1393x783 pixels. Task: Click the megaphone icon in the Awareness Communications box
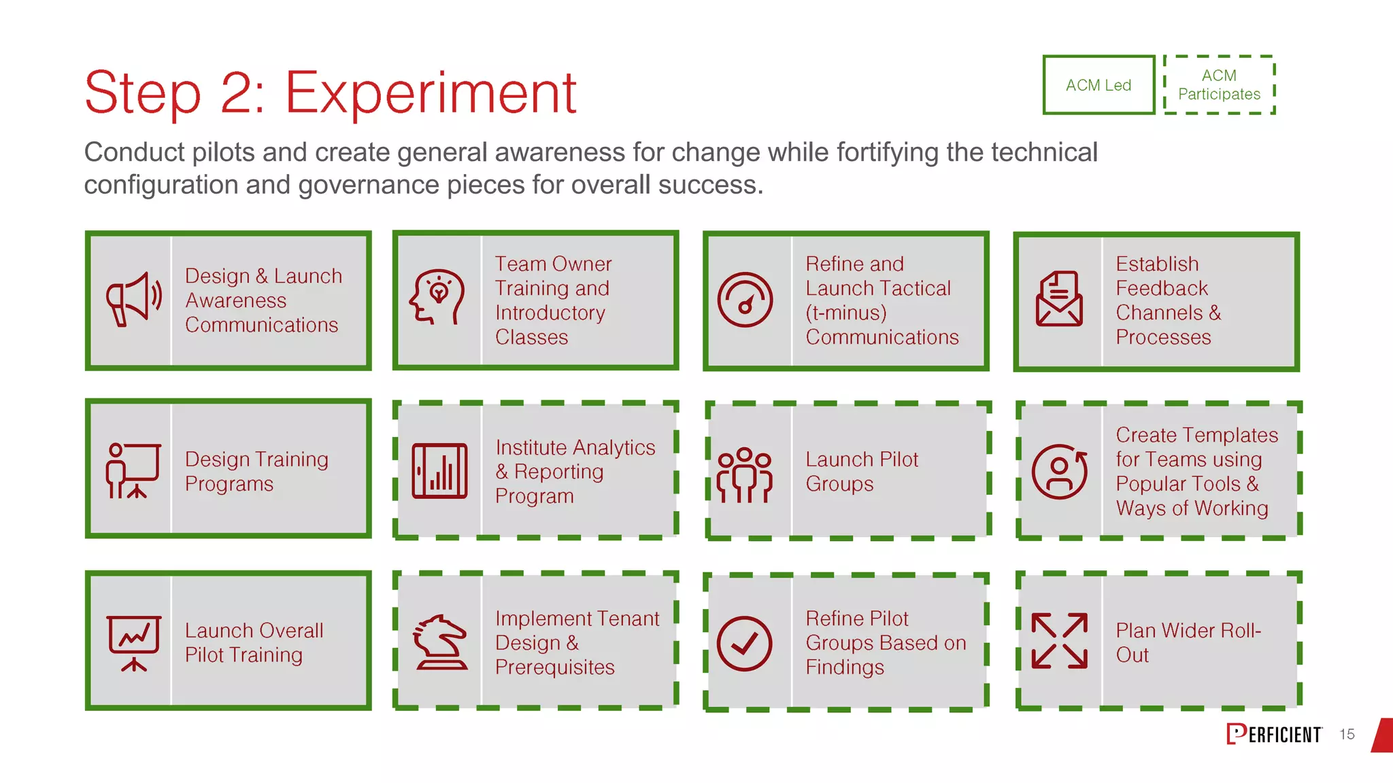click(133, 300)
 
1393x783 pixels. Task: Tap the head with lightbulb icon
click(437, 297)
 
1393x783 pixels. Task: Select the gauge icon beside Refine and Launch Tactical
click(745, 300)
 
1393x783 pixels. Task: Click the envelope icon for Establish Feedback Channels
click(1058, 299)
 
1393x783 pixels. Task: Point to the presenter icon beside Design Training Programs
click(133, 470)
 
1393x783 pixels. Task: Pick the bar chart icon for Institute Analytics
click(439, 470)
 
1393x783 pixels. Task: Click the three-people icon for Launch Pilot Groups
click(745, 474)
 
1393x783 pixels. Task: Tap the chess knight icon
click(441, 642)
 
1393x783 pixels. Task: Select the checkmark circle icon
click(745, 644)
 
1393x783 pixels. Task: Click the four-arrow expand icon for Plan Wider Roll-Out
click(1059, 640)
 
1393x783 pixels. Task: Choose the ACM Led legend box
click(1098, 85)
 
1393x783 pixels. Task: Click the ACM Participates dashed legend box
click(1219, 85)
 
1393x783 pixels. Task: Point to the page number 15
click(1347, 734)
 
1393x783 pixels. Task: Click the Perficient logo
click(1274, 734)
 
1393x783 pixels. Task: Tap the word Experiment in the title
click(431, 93)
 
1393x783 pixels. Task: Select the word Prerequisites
click(555, 667)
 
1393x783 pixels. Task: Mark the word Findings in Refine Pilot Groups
click(845, 667)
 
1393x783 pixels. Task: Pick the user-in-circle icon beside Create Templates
click(1059, 471)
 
